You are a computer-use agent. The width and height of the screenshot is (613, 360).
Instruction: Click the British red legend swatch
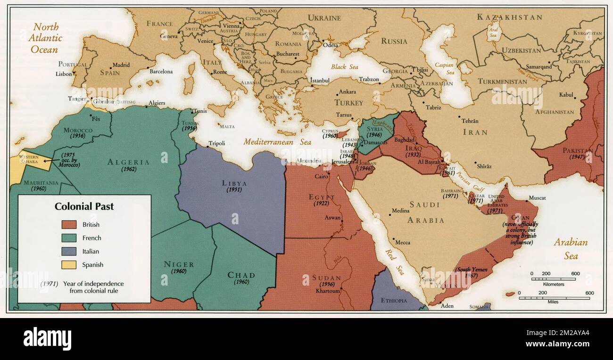tap(69, 225)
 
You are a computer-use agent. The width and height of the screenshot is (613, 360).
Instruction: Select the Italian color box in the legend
tap(69, 251)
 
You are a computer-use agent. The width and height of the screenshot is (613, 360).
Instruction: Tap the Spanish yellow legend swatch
tap(69, 265)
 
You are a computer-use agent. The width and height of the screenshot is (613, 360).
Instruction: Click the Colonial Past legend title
tap(84, 206)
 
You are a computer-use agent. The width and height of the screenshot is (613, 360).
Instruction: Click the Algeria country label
tap(128, 162)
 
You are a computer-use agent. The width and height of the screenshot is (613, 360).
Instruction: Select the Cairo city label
tap(322, 177)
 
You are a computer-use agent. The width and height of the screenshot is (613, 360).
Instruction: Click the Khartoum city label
tap(328, 291)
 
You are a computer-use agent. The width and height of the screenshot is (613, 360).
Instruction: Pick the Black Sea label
tap(344, 67)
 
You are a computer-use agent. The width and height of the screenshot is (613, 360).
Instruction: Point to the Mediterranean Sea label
tap(277, 142)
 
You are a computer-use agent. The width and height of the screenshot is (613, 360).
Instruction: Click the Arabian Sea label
tap(571, 249)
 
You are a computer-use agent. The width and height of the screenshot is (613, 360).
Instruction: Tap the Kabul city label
tap(566, 95)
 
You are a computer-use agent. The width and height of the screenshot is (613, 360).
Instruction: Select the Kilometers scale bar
tap(554, 279)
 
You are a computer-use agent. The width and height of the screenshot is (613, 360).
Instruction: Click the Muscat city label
tap(537, 198)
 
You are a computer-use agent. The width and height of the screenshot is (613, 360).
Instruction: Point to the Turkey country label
tap(348, 103)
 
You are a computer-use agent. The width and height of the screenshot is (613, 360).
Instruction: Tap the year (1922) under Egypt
tap(321, 204)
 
